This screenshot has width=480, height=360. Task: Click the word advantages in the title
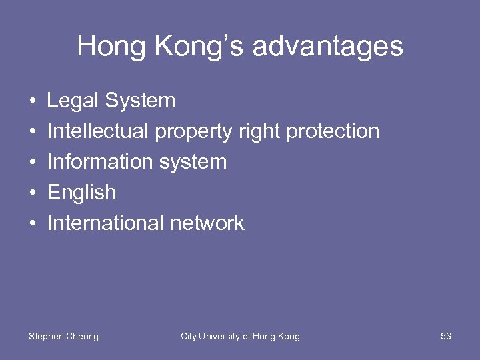328,47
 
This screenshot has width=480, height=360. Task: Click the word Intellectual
98,131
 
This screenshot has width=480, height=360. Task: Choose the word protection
333,132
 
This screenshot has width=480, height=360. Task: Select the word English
81,193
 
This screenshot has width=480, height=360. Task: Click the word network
207,223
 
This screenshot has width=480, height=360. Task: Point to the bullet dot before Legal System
32,102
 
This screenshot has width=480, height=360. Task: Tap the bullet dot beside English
32,194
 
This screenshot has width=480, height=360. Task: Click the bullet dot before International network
32,225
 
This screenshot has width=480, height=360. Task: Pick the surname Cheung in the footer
82,337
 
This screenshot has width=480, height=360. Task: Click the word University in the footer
221,337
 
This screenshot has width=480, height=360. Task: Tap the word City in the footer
189,337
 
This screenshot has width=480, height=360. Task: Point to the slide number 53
446,337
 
